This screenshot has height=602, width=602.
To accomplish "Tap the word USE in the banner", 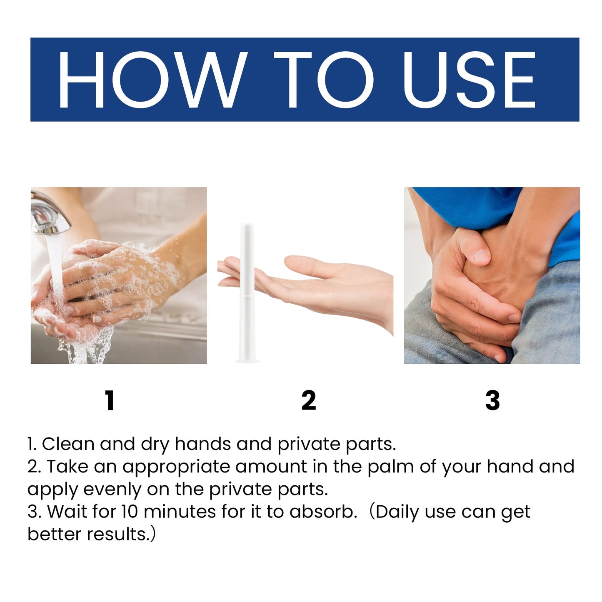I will pos(469,80).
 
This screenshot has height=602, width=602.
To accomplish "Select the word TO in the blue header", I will pos(324,80).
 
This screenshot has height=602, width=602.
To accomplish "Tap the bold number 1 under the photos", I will pos(110,401).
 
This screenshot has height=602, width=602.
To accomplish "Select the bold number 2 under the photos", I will pos(309,401).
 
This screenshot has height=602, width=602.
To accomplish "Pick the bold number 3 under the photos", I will pos(492,401).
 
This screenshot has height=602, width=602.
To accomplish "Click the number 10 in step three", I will pos(130,512).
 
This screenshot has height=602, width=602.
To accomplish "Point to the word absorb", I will pos(323,512).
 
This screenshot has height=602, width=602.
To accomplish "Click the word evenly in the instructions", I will pos(112,490).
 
